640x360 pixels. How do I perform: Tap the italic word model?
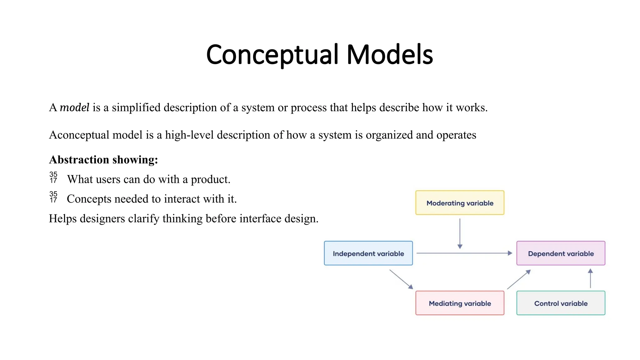pyautogui.click(x=74, y=107)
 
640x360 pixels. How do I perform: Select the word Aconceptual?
pyautogui.click(x=79, y=135)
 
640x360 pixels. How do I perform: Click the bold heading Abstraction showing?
pyautogui.click(x=103, y=160)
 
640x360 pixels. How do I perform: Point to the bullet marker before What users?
pyautogui.click(x=53, y=177)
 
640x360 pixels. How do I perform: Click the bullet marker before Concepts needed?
pyautogui.click(x=53, y=197)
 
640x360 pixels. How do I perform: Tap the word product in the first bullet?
pyautogui.click(x=210, y=179)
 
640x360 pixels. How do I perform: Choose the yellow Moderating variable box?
pyautogui.click(x=460, y=203)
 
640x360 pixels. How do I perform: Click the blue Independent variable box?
pyautogui.click(x=368, y=253)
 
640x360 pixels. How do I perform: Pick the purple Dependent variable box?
pyautogui.click(x=561, y=253)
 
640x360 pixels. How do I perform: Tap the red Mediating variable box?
pyautogui.click(x=460, y=303)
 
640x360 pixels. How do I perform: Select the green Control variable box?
pyautogui.click(x=561, y=303)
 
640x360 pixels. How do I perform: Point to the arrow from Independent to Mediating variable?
pyautogui.click(x=401, y=279)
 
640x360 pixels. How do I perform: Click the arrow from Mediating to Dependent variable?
pyautogui.click(x=519, y=279)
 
